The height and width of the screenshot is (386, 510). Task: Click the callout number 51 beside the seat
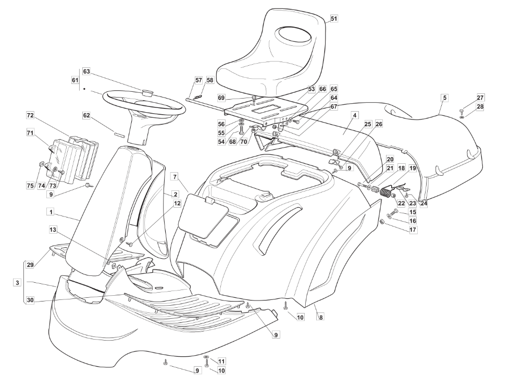pos(334,19)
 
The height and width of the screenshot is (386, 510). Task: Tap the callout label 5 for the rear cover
pos(445,98)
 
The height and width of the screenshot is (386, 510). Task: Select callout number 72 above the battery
pos(30,116)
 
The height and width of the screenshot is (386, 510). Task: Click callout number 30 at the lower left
pos(30,300)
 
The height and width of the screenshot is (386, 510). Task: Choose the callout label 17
pos(413,230)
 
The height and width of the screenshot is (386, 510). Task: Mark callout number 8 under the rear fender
pos(321,317)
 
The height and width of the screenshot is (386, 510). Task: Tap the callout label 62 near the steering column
pos(86,115)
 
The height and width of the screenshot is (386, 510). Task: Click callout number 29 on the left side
pos(30,265)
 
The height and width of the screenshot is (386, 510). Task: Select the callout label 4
pos(355,115)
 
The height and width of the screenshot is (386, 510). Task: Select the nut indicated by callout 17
pos(383,222)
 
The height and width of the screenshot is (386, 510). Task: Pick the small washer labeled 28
pos(462,116)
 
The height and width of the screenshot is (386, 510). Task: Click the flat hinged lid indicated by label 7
pos(203,215)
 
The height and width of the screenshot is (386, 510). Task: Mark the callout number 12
pos(177,203)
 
